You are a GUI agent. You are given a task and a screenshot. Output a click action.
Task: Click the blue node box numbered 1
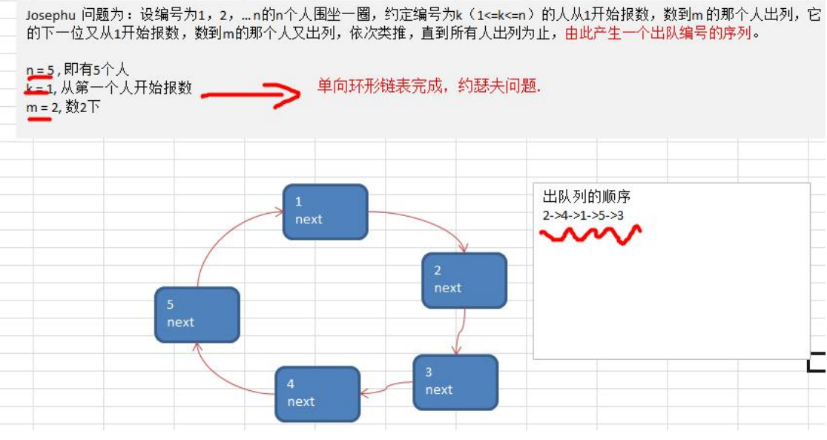[325, 211]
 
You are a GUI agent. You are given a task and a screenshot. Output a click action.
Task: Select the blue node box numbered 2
[464, 280]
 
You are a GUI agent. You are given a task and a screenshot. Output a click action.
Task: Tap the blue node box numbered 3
[455, 382]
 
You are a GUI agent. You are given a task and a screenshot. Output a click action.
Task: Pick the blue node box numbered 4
[317, 393]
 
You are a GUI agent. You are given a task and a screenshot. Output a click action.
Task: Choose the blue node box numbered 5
[197, 315]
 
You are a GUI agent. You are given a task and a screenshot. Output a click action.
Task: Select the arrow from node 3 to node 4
[386, 388]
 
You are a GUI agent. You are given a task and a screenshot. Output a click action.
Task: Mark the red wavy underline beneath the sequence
[590, 235]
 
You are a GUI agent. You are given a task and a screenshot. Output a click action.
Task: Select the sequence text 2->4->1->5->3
[583, 215]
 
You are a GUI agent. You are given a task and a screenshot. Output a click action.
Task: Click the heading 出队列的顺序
[587, 197]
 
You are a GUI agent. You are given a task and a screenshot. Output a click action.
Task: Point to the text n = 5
[39, 70]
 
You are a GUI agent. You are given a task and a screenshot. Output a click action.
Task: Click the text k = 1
[39, 88]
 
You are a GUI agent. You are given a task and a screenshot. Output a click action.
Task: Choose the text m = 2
[41, 107]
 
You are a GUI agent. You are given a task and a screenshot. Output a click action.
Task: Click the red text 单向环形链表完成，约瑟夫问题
[429, 87]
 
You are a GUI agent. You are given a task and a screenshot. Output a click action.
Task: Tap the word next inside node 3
[439, 390]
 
